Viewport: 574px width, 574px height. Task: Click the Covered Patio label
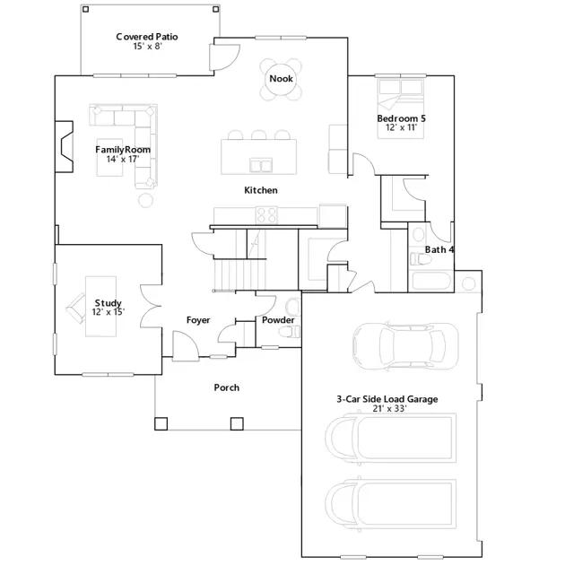147,37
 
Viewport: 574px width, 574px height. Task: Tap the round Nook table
281,79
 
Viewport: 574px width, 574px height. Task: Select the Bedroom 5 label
401,118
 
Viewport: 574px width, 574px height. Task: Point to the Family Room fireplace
64,146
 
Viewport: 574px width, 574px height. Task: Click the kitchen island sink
261,165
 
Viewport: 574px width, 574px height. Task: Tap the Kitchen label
261,190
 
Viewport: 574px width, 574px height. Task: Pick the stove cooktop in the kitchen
266,215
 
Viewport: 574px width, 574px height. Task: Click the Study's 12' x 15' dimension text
108,312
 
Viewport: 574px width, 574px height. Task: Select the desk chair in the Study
75,309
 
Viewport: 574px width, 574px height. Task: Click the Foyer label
198,320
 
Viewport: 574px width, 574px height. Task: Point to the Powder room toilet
289,332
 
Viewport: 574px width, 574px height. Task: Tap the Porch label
227,387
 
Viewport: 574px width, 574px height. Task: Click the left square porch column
161,423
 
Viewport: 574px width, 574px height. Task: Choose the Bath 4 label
439,249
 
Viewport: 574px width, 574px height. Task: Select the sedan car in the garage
405,346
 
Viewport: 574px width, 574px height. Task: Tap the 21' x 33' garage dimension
389,409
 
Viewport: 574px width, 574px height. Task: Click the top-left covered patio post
85,9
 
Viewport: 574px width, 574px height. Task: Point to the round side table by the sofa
145,200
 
